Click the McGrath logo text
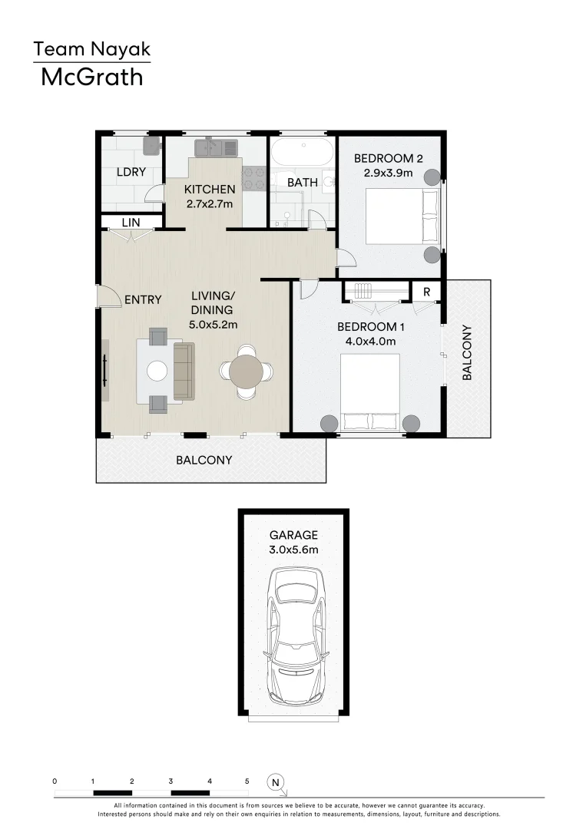pyautogui.click(x=91, y=77)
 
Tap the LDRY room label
pyautogui.click(x=131, y=172)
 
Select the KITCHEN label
pyautogui.click(x=210, y=190)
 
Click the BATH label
pyautogui.click(x=302, y=183)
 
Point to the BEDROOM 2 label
pyautogui.click(x=388, y=159)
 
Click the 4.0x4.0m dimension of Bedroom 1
pyautogui.click(x=366, y=342)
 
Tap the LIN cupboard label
pyautogui.click(x=131, y=223)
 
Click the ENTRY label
pyautogui.click(x=143, y=299)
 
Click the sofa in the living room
pyautogui.click(x=184, y=372)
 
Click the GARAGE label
pyautogui.click(x=293, y=535)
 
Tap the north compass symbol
pyautogui.click(x=275, y=782)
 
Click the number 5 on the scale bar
pyautogui.click(x=247, y=781)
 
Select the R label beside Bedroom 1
pyautogui.click(x=425, y=292)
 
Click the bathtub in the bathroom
pyautogui.click(x=302, y=150)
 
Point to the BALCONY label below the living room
pyautogui.click(x=204, y=461)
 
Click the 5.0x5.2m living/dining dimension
pyautogui.click(x=213, y=325)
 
